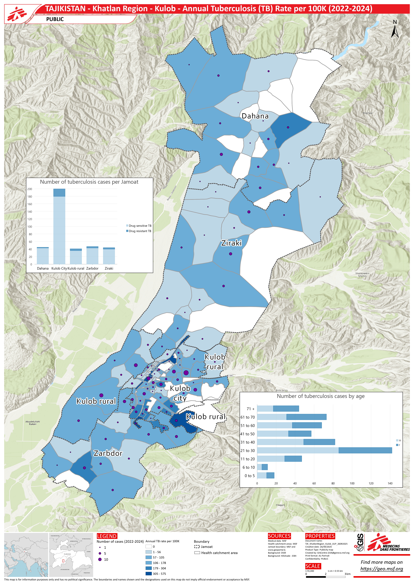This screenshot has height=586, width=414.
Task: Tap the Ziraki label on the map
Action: click(x=231, y=243)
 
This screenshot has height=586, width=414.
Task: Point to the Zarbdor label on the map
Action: click(x=108, y=453)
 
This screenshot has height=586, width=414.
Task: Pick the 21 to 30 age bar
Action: click(x=324, y=450)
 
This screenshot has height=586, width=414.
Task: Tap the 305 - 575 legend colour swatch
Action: click(x=149, y=573)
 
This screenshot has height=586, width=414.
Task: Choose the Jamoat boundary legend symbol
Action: click(x=197, y=547)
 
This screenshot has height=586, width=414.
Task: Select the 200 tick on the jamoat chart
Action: click(x=30, y=189)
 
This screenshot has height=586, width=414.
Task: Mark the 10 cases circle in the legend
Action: click(x=100, y=559)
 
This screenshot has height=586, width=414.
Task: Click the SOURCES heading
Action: click(x=279, y=536)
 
